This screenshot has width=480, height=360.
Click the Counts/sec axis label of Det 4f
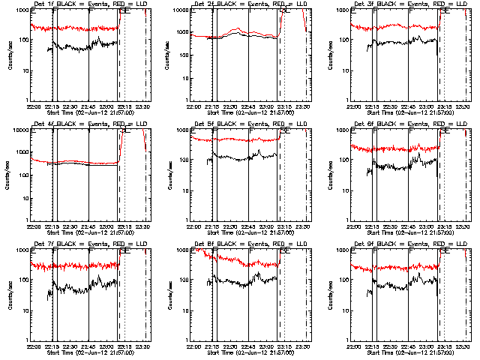(x=10, y=175)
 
